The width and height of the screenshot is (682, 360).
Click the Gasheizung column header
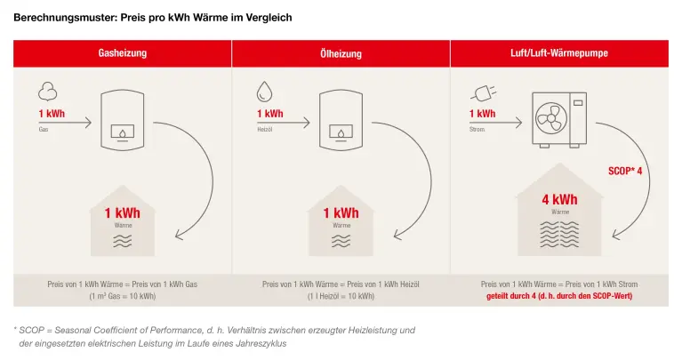pos(122,53)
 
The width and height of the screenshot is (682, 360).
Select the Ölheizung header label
pos(341,53)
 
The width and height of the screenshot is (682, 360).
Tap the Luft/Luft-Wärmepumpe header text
pos(559,53)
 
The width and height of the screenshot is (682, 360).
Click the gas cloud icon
pos(47,92)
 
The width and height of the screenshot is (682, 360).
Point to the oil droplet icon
pos(264,92)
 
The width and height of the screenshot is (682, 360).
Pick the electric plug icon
pos(483,93)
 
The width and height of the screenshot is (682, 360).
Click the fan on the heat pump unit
pos(551,118)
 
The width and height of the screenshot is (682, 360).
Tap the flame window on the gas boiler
pos(122,132)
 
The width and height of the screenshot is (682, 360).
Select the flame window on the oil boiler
pos(341,132)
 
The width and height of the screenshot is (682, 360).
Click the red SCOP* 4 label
pos(625,171)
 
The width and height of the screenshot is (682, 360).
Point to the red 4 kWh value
pos(559,200)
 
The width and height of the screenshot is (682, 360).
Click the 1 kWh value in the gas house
pos(122,213)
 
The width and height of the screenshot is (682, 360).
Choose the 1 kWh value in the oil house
pos(341,213)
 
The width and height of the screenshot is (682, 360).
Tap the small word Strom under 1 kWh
pos(477,129)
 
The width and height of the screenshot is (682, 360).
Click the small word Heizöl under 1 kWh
pos(264,129)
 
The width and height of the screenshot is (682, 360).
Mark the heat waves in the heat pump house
pos(559,235)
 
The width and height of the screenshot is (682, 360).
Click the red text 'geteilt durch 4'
pos(511,296)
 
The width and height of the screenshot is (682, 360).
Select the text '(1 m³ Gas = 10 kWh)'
pos(122,296)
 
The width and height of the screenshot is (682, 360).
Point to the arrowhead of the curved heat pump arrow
pos(617,235)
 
